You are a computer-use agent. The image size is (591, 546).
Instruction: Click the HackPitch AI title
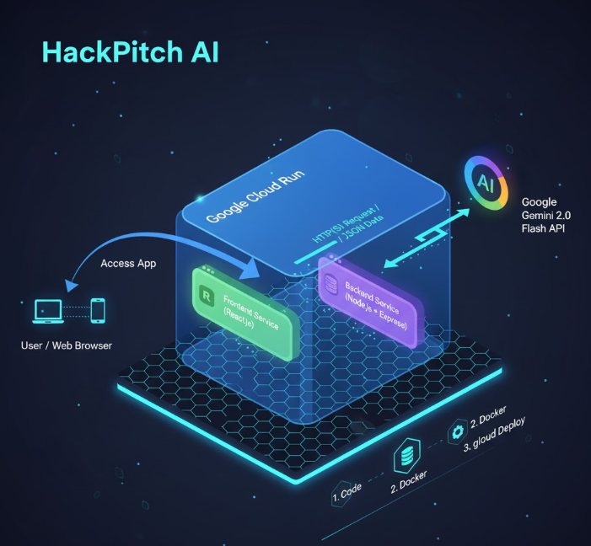130,51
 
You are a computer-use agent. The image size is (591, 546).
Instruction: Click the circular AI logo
486,182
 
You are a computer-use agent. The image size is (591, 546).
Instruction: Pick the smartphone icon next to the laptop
98,310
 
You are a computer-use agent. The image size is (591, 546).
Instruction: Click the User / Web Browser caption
67,345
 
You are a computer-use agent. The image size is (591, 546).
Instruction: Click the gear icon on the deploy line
458,432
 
